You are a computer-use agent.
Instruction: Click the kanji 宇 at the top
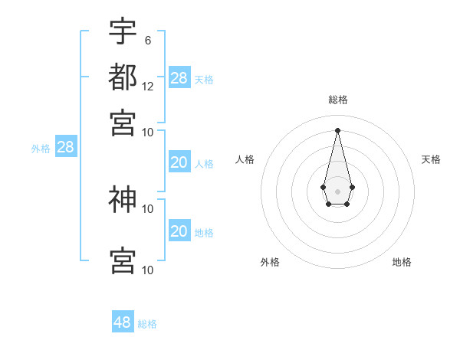[123, 32]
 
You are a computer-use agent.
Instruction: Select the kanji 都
[123, 77]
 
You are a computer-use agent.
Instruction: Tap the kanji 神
[123, 199]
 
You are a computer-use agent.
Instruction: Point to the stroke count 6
[147, 40]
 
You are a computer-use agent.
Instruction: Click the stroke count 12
[148, 86]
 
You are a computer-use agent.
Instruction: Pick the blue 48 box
[123, 322]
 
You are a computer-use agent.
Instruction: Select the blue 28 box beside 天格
[179, 77]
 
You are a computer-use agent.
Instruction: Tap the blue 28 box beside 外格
[65, 147]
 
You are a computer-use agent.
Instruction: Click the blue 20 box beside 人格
[179, 162]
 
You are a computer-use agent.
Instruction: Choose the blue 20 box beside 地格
[179, 231]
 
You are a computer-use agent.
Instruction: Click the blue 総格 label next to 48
[147, 324]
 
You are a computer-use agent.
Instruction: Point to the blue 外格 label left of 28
[40, 149]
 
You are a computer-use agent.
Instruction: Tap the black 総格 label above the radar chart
[338, 100]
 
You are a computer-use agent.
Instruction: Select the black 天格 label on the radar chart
[431, 159]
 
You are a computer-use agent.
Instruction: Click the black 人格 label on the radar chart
[245, 159]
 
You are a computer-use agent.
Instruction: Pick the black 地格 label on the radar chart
[402, 262]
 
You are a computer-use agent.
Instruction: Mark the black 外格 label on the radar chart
[270, 262]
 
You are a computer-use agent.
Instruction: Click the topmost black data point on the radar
[337, 129]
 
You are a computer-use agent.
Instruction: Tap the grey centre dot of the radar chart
[337, 191]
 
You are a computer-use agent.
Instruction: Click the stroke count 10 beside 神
[148, 208]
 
